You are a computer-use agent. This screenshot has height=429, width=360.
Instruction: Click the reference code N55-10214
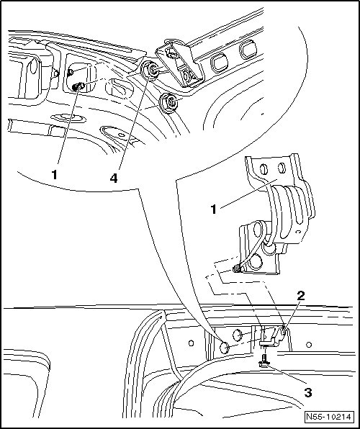[x=328, y=417]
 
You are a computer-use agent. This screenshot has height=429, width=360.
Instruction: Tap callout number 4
[x=114, y=178]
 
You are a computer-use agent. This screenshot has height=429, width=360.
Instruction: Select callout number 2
[x=301, y=295]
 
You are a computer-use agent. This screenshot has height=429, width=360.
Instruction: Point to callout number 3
[x=308, y=393]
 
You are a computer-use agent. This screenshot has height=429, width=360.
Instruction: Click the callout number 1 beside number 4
[x=55, y=175]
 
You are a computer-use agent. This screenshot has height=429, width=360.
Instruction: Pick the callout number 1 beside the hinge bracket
[x=213, y=209]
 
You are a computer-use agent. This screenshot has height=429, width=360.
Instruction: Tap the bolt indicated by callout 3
[x=264, y=360]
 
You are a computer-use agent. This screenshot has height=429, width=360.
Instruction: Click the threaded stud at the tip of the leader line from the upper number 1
[x=78, y=86]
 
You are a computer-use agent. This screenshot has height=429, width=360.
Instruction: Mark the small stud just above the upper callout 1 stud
[x=70, y=72]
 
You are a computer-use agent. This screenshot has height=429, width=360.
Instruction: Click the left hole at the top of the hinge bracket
[x=264, y=169]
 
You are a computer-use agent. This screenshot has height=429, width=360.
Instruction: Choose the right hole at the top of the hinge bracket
[x=282, y=168]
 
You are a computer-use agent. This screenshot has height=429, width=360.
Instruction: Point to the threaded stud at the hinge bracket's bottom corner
[x=237, y=269]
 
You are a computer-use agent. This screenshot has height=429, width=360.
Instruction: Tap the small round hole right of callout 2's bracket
[x=309, y=345]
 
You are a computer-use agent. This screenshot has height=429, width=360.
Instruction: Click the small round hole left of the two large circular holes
[x=191, y=343]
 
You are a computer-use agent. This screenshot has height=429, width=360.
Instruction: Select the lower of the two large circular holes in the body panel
[x=225, y=348]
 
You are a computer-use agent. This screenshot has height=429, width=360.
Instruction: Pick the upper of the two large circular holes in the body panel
[x=238, y=335]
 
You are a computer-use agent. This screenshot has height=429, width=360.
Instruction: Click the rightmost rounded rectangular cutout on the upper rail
[x=248, y=50]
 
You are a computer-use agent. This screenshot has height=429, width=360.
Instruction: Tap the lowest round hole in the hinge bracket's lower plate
[x=256, y=262]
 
